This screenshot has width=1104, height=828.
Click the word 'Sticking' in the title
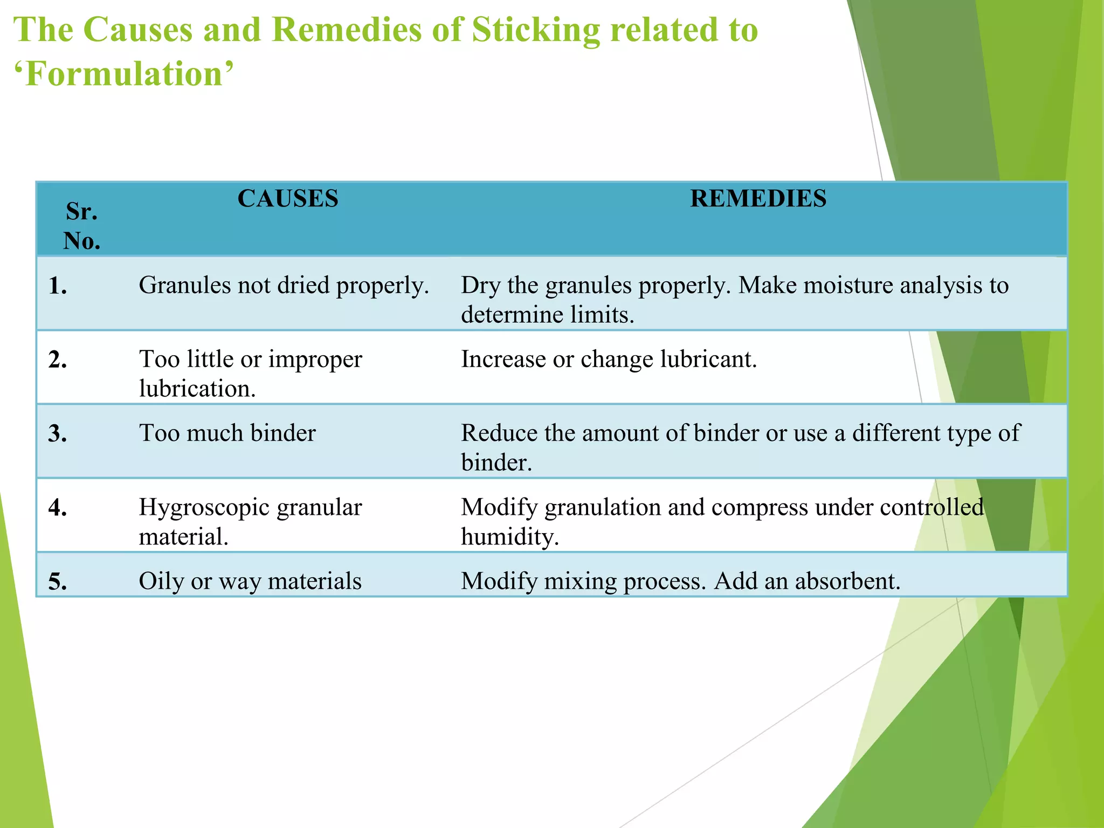point(535,30)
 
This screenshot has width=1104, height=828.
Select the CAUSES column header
point(288,199)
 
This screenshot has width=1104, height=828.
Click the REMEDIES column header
point(758,199)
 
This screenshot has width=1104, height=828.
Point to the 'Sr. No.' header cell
point(82,226)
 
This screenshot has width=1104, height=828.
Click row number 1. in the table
point(58,286)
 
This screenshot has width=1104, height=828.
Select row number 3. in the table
point(58,434)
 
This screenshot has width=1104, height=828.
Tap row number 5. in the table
point(58,582)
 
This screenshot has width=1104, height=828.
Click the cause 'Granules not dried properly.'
point(284,285)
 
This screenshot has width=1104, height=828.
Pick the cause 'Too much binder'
point(227,433)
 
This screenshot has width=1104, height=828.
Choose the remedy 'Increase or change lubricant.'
point(609,360)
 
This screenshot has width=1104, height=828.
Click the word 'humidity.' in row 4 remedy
point(509,537)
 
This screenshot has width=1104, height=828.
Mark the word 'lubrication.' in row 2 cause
point(197,389)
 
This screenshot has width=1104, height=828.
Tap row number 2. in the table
point(58,360)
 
